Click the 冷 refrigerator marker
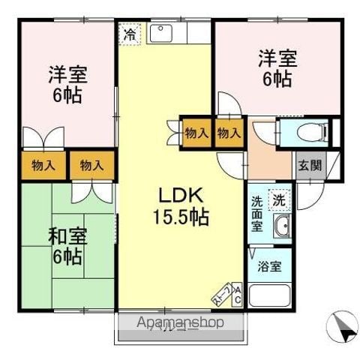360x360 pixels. [x=130, y=33]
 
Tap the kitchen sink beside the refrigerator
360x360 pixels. [x=160, y=33]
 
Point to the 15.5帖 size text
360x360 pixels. [x=182, y=217]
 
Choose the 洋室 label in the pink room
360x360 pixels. [x=67, y=74]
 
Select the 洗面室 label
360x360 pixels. [x=256, y=212]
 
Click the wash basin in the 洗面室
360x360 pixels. [x=282, y=228]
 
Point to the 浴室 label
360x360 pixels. [x=268, y=267]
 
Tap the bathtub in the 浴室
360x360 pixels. [x=268, y=295]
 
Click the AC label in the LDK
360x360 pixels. [x=237, y=295]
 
